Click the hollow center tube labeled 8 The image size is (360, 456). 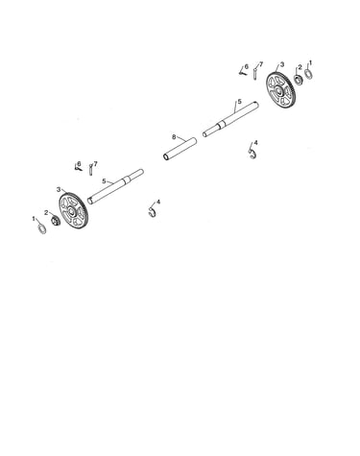tap(180, 149)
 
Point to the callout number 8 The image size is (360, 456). tap(174, 137)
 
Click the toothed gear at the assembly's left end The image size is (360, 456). tap(73, 210)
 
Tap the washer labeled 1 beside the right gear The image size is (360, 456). tap(309, 74)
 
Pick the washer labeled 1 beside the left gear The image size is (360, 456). tap(42, 228)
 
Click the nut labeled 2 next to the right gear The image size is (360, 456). tap(299, 80)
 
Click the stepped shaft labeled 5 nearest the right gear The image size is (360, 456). tap(230, 119)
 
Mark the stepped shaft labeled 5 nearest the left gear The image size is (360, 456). tap(115, 187)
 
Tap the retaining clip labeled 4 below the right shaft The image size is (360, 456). tap(252, 154)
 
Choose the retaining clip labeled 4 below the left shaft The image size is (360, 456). tap(153, 212)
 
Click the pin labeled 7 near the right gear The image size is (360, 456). tap(255, 74)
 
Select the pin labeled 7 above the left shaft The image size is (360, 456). tap(91, 169)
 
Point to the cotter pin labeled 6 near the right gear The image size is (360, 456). tap(242, 72)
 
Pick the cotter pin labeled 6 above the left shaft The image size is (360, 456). tap(78, 168)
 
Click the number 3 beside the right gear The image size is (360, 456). tap(282, 64)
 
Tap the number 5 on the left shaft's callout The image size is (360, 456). tap(104, 181)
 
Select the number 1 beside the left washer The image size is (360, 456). tap(34, 218)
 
